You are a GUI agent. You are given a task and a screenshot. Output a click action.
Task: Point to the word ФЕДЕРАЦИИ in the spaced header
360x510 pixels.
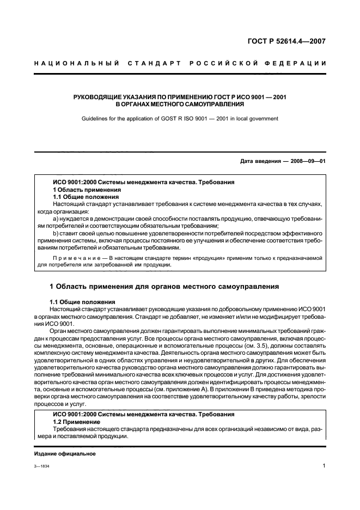tap(298, 64)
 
